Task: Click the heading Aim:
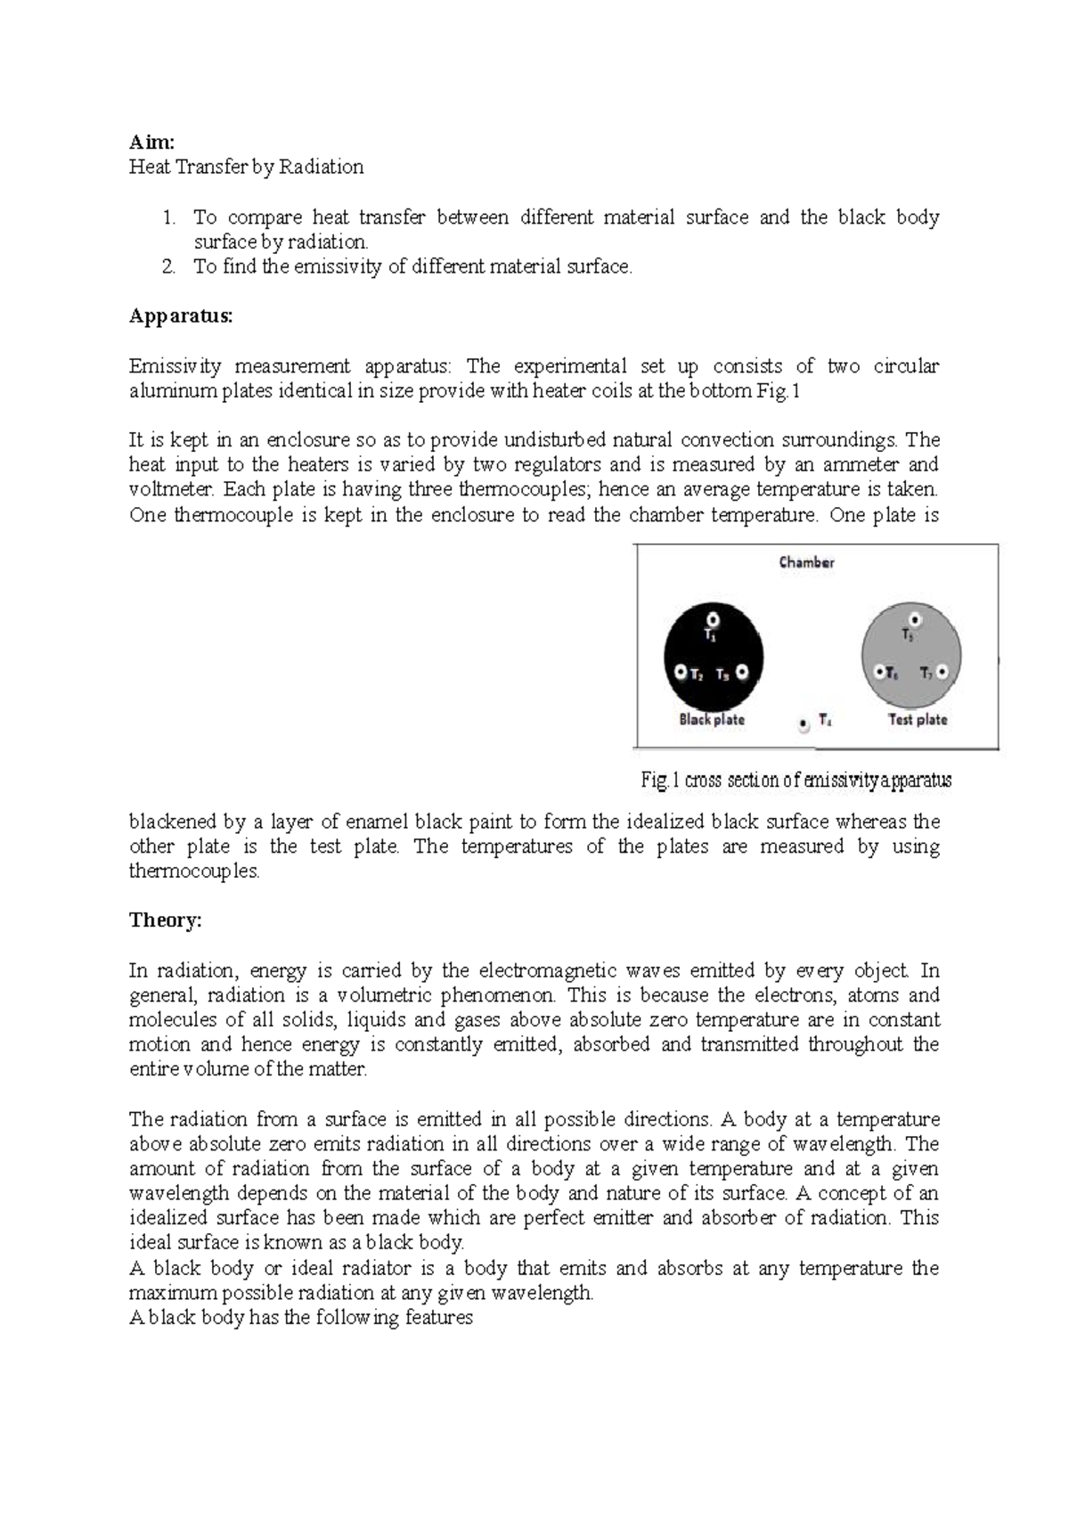151,142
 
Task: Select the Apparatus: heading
180,315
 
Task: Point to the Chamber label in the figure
806,562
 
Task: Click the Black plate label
711,720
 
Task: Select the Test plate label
918,720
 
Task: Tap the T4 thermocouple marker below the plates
804,724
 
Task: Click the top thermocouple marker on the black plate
713,619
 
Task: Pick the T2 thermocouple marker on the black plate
681,673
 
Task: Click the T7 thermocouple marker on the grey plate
943,673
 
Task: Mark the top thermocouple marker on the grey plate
915,619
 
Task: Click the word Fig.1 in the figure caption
660,781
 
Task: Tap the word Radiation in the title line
321,167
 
